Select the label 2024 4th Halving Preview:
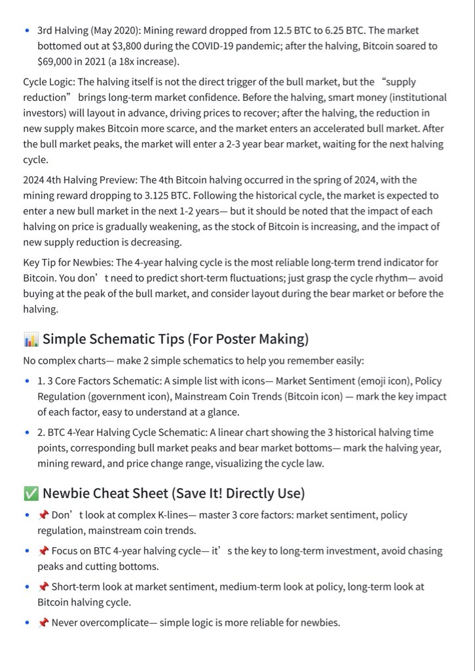coord(80,180)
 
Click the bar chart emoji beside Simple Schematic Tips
coord(31,339)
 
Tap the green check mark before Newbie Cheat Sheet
coord(31,493)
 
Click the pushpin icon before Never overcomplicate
coord(43,623)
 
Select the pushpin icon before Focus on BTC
coord(43,551)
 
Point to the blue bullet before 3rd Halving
coord(26,31)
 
